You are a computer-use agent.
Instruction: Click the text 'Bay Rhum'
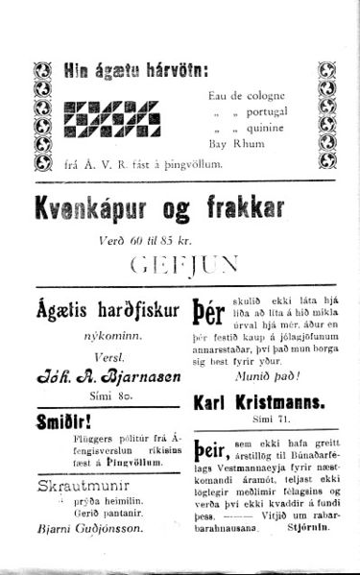pyautogui.click(x=233, y=146)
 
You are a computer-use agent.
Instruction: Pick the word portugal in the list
pyautogui.click(x=264, y=111)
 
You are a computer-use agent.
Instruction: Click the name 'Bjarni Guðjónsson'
pyautogui.click(x=92, y=528)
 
